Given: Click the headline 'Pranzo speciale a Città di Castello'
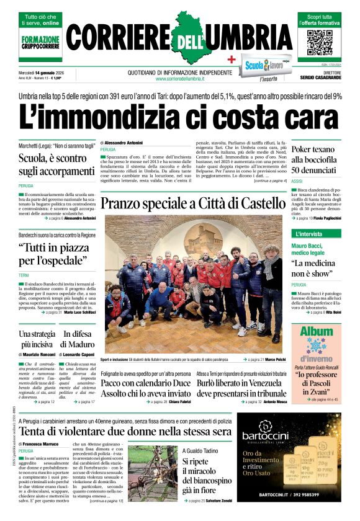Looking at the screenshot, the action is tap(192, 203).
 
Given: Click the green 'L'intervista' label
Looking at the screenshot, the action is tap(308, 234).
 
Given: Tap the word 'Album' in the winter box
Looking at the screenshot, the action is tap(316, 331).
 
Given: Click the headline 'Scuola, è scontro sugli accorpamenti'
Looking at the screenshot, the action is tap(56, 164).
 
